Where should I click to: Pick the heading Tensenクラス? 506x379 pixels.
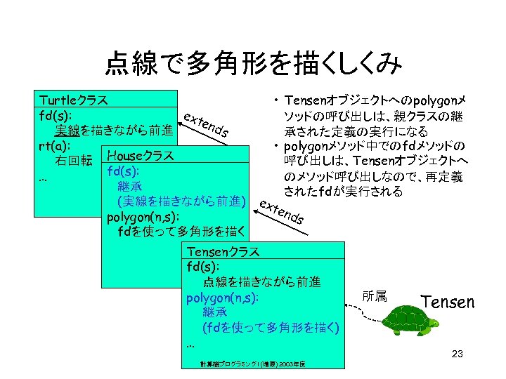pyautogui.click(x=223, y=251)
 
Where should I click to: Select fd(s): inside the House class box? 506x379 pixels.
pyautogui.click(x=123, y=171)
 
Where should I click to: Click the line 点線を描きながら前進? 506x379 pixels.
pyautogui.click(x=262, y=282)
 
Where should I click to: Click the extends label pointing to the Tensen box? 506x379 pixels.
pyautogui.click(x=282, y=211)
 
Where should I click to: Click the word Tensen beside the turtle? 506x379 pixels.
pyautogui.click(x=448, y=302)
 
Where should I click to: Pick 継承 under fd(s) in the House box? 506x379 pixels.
pyautogui.click(x=131, y=186)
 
